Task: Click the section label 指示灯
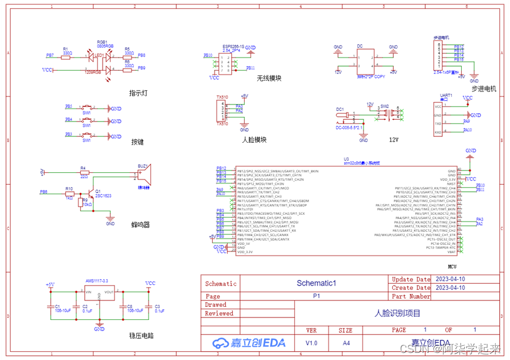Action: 139,93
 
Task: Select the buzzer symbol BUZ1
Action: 144,175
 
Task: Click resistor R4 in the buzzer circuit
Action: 84,172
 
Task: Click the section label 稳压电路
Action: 142,335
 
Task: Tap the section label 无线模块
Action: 269,78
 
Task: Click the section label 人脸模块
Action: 254,140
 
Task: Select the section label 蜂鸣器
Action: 140,224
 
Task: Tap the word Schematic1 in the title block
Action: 316,283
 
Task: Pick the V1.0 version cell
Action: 311,343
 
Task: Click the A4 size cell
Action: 346,343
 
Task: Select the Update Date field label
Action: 411,279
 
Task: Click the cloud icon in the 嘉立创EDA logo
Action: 221,343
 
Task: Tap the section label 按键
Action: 137,142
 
